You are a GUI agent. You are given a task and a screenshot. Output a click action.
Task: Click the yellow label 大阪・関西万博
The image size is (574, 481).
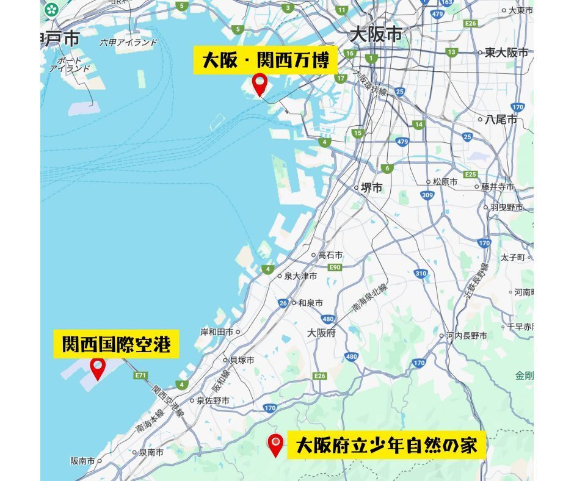coord(265,62)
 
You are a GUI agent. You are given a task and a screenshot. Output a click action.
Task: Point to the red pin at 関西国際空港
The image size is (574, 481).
coord(98,368)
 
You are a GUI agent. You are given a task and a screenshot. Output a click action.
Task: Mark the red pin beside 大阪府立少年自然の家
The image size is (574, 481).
coord(277,445)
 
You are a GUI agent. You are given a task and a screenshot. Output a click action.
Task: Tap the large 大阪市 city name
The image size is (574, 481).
coord(376,35)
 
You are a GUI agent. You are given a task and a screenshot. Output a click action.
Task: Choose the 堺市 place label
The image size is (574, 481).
coord(370,188)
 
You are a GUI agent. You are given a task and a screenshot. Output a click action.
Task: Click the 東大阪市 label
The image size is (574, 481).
coord(506,52)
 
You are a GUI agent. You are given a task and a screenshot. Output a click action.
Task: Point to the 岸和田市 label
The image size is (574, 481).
coord(217,332)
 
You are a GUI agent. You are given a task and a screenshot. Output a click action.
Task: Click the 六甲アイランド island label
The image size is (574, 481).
coord(128,43)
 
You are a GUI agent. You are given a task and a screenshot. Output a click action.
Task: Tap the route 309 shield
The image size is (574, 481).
coord(427,195)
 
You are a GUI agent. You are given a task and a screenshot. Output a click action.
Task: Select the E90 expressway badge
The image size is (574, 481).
coord(335,267)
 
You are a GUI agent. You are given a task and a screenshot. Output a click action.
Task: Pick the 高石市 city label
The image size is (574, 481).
coord(330,256)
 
